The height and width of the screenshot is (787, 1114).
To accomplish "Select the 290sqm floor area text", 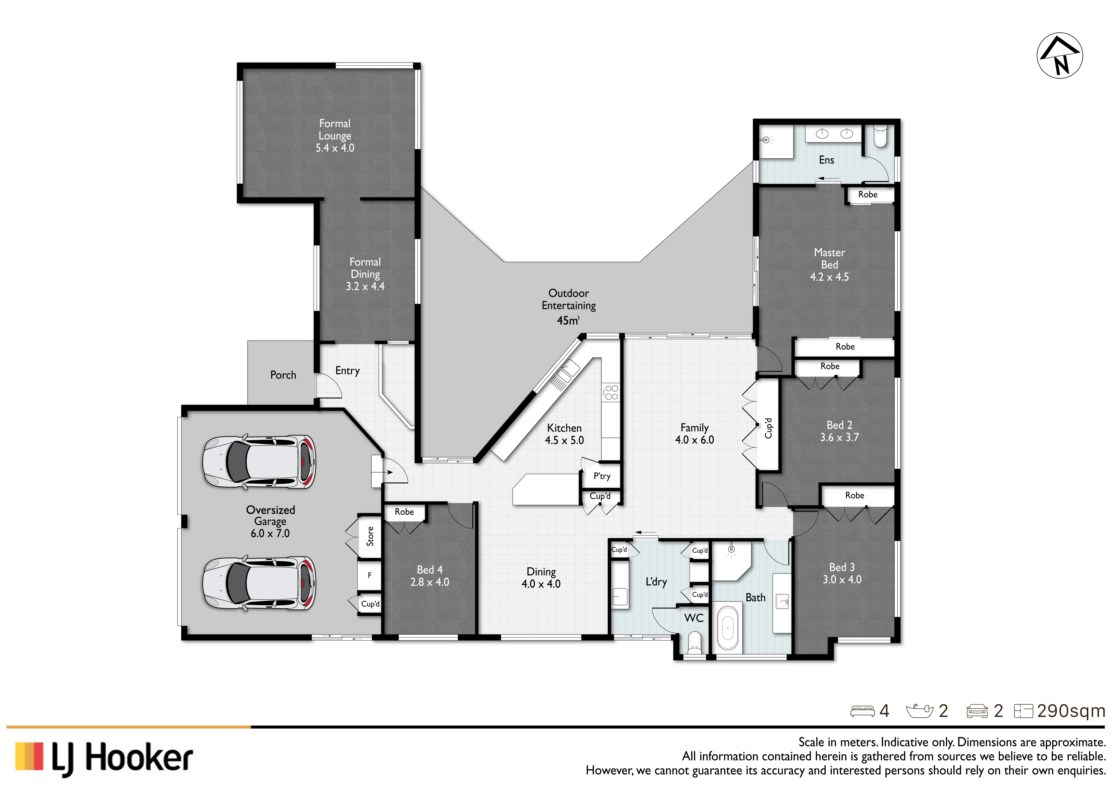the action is pyautogui.click(x=1071, y=711).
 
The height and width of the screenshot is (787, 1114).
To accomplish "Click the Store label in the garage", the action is pyautogui.click(x=370, y=536).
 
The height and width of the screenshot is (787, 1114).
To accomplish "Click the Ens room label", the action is pyautogui.click(x=826, y=160).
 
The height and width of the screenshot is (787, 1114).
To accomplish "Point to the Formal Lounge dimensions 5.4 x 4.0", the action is pyautogui.click(x=335, y=148).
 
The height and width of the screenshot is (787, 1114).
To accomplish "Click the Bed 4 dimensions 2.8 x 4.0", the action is pyautogui.click(x=429, y=582).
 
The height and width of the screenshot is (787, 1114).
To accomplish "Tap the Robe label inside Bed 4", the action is pyautogui.click(x=404, y=511).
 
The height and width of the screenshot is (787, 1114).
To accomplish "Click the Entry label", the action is pyautogui.click(x=347, y=371).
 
